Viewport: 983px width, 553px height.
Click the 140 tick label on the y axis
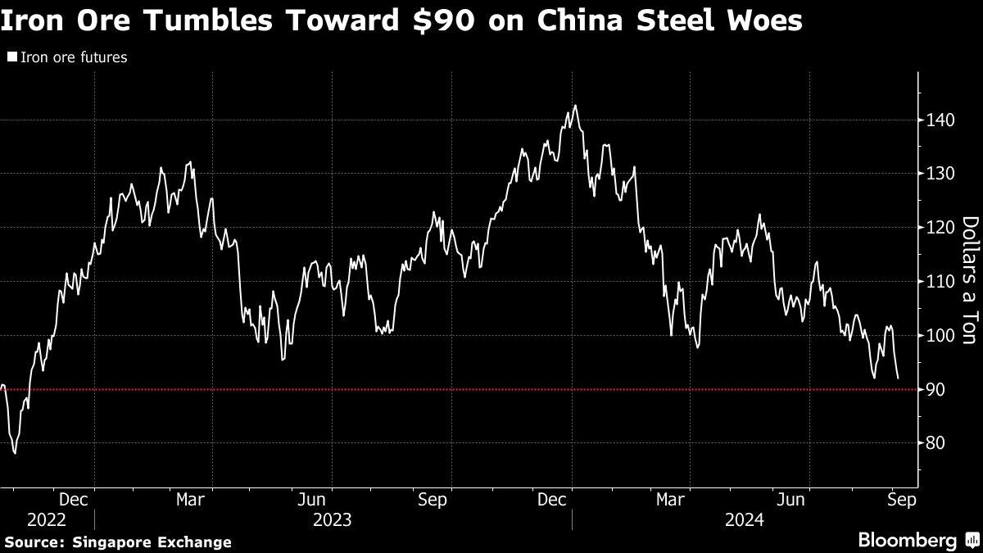[937, 120]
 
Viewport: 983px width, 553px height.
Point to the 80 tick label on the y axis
[934, 443]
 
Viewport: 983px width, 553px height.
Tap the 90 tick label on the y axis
[934, 389]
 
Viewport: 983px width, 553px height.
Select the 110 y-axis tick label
[937, 282]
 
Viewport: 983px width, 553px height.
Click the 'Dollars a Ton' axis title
[968, 292]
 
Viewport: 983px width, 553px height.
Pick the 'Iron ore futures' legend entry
[73, 58]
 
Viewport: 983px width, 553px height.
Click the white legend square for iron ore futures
[12, 58]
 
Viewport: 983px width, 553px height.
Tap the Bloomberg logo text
[907, 541]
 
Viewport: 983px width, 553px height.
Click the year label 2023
[331, 520]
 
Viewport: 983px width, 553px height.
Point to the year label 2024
[744, 520]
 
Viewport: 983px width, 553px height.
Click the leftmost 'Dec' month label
[75, 500]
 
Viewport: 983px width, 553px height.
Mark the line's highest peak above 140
[576, 105]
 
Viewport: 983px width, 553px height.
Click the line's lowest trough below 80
[16, 453]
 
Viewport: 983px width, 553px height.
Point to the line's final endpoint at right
[899, 378]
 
